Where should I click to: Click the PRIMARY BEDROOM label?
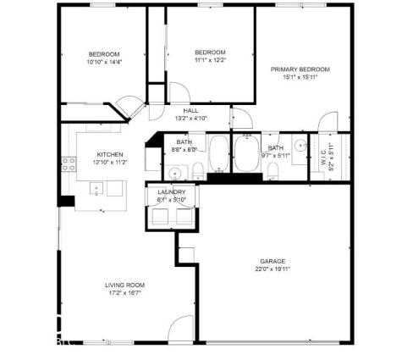pyautogui.click(x=300, y=69)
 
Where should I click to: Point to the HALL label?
pyautogui.click(x=191, y=110)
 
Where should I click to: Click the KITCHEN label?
pyautogui.click(x=110, y=154)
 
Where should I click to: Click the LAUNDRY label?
pyautogui.click(x=172, y=192)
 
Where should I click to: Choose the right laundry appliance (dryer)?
pyautogui.click(x=182, y=216)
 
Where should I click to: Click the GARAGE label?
pyautogui.click(x=273, y=261)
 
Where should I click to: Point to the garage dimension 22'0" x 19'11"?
pyautogui.click(x=273, y=269)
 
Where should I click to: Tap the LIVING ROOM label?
pyautogui.click(x=124, y=285)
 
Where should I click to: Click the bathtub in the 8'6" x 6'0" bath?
pyautogui.click(x=219, y=155)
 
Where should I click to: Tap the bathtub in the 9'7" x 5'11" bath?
pyautogui.click(x=247, y=157)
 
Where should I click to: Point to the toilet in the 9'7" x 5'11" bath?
pyautogui.click(x=273, y=173)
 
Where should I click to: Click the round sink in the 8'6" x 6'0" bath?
pyautogui.click(x=174, y=173)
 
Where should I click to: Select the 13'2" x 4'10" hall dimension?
pyautogui.click(x=191, y=119)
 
